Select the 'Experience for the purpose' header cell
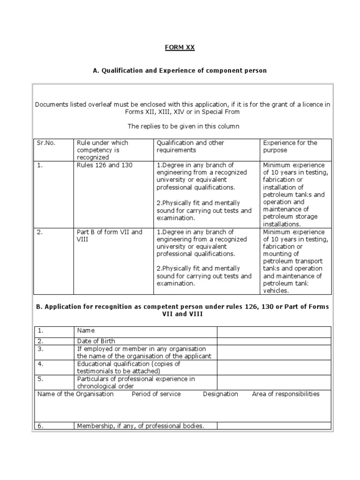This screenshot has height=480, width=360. coord(290,146)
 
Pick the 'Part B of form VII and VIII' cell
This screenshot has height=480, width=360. coord(109,235)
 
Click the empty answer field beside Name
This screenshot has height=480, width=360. coord(274,331)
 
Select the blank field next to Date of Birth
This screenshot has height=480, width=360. coord(274,341)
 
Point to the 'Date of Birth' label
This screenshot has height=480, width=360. coord(96,341)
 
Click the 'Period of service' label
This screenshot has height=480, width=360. coord(156,394)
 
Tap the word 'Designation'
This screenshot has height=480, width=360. coord(220,394)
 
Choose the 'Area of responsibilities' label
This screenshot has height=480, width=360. coord(285,394)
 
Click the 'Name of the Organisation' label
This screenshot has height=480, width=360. coord(75,394)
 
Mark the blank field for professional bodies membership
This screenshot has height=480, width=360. coord(274,426)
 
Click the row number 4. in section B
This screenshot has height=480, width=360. coord(41,363)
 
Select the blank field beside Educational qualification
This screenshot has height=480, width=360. coord(274,367)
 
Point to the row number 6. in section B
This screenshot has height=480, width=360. coord(41,426)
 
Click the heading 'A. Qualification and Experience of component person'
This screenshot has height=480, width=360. coord(180,70)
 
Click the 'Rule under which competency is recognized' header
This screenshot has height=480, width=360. coord(103,150)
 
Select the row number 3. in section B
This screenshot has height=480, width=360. coord(41,349)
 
